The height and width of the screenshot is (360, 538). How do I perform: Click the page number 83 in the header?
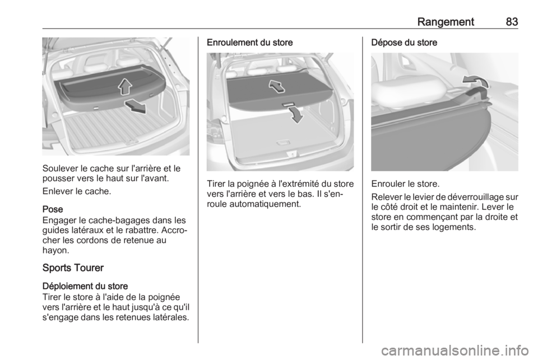[510, 21]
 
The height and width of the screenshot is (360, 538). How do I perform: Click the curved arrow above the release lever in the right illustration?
[476, 82]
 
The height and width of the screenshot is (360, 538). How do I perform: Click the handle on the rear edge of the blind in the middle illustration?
[288, 104]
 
